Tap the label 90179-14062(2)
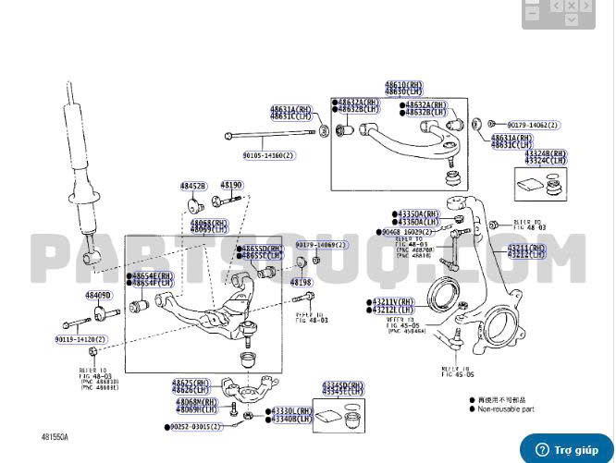[530, 124]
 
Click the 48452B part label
[193, 187]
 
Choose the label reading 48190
[231, 186]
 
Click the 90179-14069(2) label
[322, 244]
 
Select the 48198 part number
[302, 282]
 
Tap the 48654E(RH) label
[153, 275]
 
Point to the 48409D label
[98, 296]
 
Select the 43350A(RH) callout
[422, 213]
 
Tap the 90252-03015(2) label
[196, 427]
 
